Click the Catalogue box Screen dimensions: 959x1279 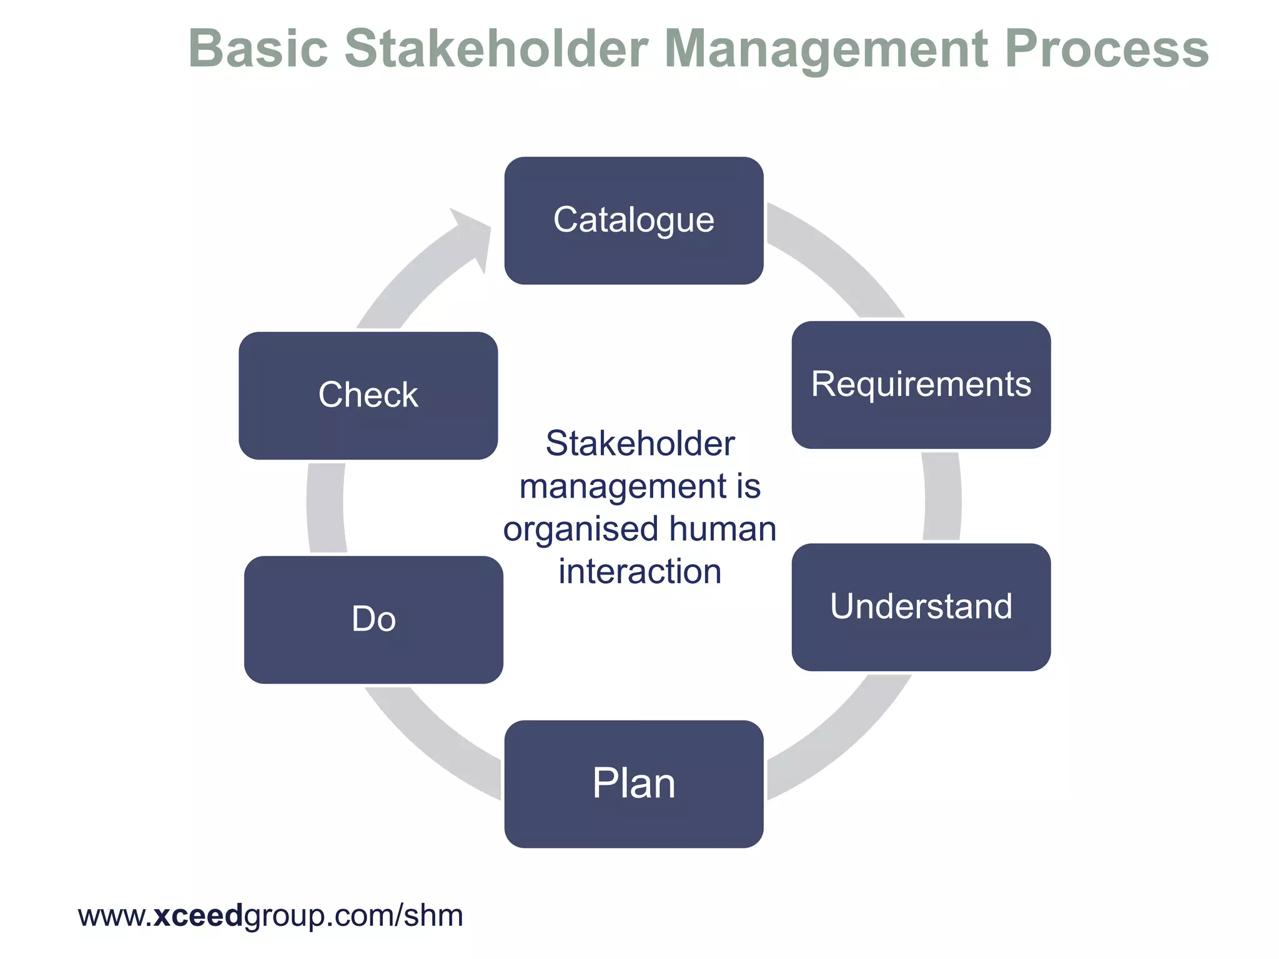(634, 220)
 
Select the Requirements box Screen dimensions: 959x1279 (921, 385)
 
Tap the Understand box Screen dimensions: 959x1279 (921, 607)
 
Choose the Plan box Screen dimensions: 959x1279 (634, 784)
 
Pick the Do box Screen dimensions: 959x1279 (373, 619)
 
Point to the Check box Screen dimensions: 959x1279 (368, 395)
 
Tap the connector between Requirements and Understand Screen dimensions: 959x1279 (942, 496)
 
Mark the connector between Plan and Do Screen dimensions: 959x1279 (431, 743)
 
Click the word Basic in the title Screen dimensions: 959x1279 (258, 49)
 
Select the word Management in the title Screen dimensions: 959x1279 (826, 49)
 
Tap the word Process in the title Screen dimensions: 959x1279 (1107, 49)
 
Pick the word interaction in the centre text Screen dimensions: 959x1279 (639, 571)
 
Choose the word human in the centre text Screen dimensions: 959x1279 (723, 529)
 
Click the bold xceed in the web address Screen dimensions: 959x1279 (197, 915)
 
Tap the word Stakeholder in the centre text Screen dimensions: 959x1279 (639, 444)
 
